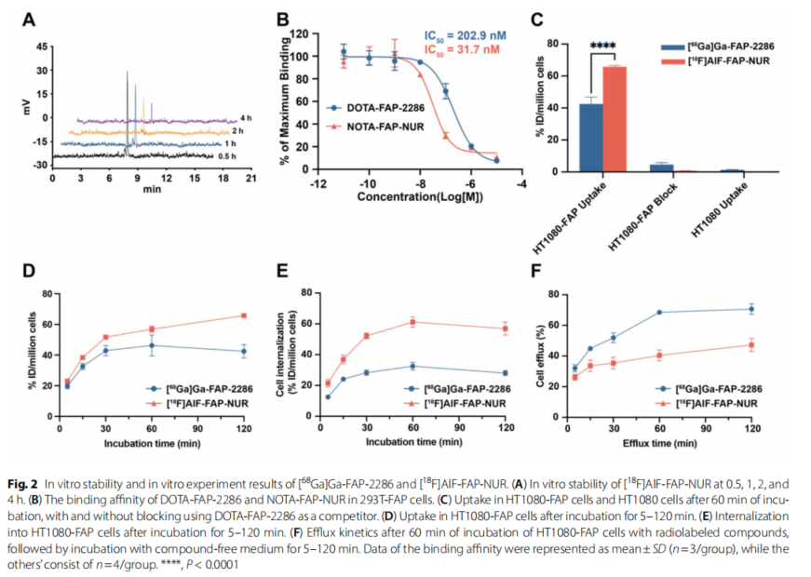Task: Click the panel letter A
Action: [30, 19]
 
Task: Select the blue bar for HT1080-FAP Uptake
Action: [591, 138]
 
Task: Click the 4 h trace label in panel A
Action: [246, 118]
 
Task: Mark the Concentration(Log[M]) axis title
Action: [420, 197]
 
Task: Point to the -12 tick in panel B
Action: [317, 182]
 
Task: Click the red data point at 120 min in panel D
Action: [244, 315]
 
